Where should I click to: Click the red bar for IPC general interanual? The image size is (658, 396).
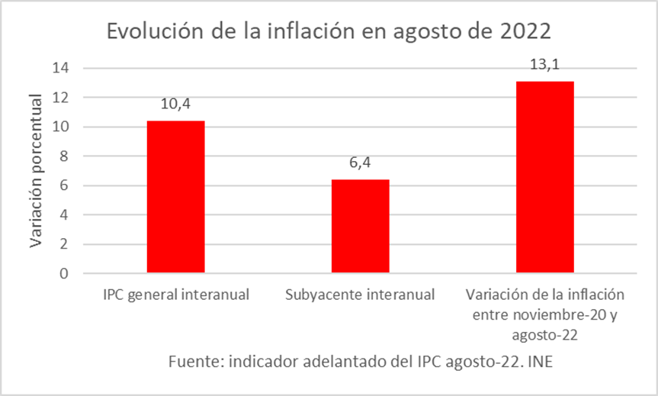click(175, 197)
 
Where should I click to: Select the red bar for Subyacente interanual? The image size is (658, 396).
click(360, 226)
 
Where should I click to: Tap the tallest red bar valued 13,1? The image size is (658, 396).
click(544, 177)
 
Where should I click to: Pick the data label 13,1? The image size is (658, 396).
click(544, 65)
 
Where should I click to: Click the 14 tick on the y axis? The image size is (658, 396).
click(61, 68)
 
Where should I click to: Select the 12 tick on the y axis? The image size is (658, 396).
click(61, 98)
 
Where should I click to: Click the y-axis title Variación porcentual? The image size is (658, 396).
click(35, 170)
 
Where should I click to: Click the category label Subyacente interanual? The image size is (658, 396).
click(360, 295)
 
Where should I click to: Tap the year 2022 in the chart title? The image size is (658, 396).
click(522, 32)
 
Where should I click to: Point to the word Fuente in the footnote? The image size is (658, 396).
click(194, 361)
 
